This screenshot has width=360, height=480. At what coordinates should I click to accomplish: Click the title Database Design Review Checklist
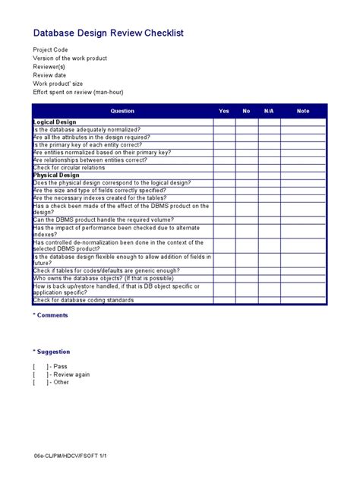[x=108, y=34]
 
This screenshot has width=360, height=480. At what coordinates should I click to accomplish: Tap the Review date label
[x=49, y=75]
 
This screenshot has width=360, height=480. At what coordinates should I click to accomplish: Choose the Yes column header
[x=223, y=111]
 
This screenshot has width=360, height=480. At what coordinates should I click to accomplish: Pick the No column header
[x=246, y=111]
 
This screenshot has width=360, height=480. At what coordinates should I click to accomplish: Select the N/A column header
[x=269, y=111]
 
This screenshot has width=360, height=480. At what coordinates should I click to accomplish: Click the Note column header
[x=303, y=111]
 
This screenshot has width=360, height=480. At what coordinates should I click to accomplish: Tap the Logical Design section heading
[x=55, y=122]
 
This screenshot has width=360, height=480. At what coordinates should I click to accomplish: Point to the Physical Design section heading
[x=57, y=175]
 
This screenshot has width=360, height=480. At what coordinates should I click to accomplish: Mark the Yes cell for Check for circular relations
[x=223, y=168]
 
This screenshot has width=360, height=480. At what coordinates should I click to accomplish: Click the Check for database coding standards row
[x=83, y=300]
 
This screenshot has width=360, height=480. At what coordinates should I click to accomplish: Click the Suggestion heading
[x=52, y=352]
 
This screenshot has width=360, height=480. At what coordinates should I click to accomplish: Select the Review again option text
[x=71, y=374]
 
